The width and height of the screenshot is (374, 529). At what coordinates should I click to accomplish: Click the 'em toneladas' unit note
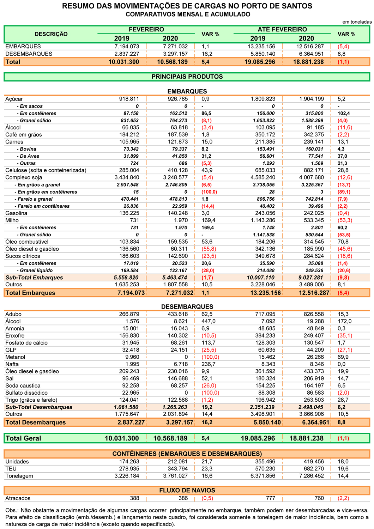pyautogui.click(x=357, y=22)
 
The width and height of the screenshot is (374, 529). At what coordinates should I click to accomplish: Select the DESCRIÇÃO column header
pyautogui.click(x=51, y=34)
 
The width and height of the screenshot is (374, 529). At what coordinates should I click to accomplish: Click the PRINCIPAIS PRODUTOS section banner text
pyautogui.click(x=187, y=77)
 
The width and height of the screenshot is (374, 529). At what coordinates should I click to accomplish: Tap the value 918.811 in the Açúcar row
pyautogui.click(x=129, y=99)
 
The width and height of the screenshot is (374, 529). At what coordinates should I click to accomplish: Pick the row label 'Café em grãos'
pyautogui.click(x=23, y=135)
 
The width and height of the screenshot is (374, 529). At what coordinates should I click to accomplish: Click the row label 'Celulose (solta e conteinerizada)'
pyautogui.click(x=46, y=170)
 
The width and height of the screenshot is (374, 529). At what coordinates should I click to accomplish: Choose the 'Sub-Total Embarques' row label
pyautogui.click(x=34, y=278)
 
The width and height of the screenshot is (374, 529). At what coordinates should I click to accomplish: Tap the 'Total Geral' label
pyautogui.click(x=23, y=438)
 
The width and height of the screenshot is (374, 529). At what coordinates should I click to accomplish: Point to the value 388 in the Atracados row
pyautogui.click(x=134, y=498)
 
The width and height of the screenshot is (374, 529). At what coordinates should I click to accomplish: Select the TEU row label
pyautogui.click(x=11, y=469)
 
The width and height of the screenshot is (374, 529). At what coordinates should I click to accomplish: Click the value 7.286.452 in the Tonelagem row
pyautogui.click(x=312, y=476)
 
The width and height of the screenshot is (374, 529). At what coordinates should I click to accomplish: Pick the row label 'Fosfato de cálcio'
pyautogui.click(x=26, y=343)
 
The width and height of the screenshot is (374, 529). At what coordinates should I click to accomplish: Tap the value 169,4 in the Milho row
pyautogui.click(x=207, y=220)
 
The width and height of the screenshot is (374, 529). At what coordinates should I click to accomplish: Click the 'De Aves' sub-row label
pyautogui.click(x=28, y=156)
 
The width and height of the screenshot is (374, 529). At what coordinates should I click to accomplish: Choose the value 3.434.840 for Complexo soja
pyautogui.click(x=127, y=177)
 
